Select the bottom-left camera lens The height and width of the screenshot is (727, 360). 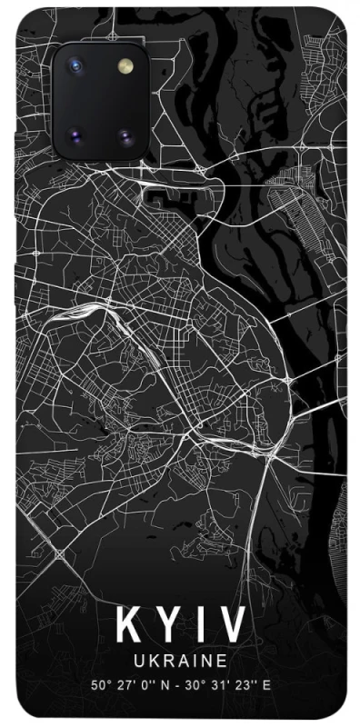coord(74,137)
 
